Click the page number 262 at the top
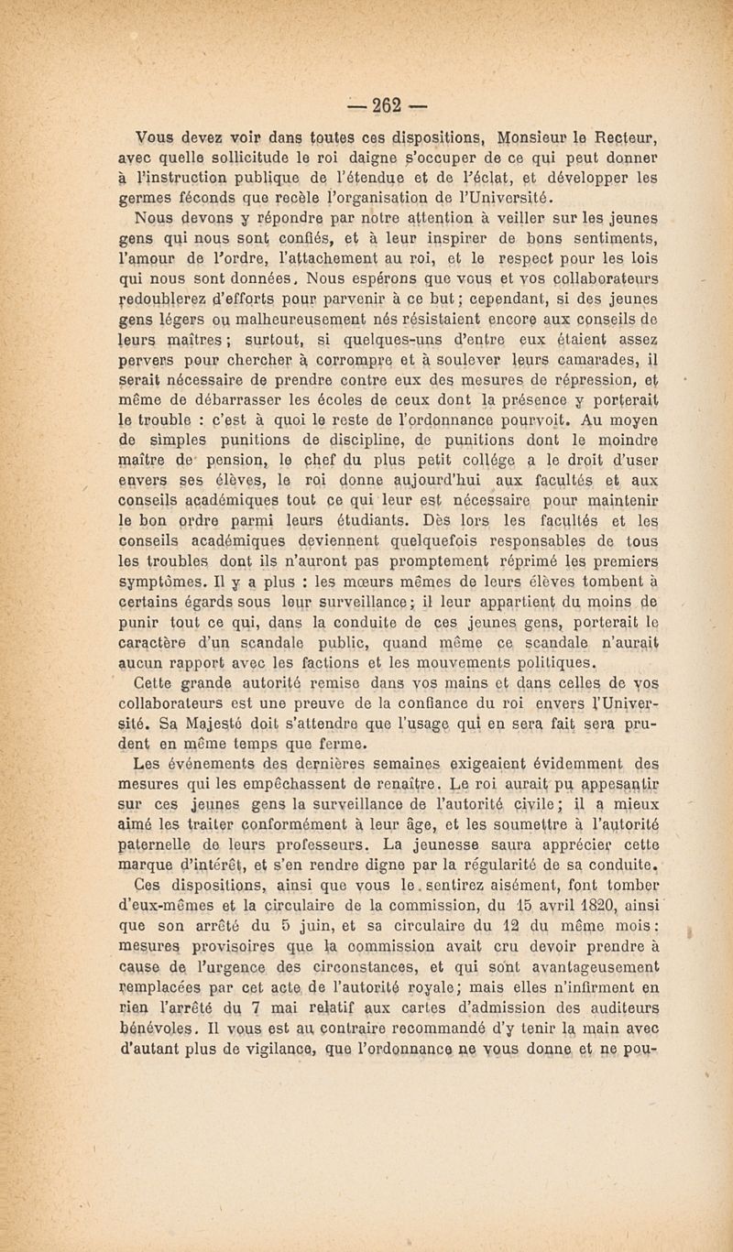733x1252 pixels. (x=366, y=99)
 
